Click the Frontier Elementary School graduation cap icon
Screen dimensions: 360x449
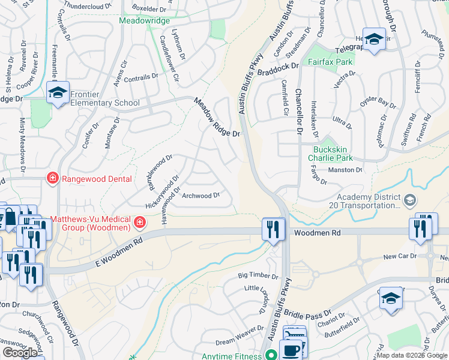(x=58, y=92)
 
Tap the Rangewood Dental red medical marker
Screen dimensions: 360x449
(x=53, y=178)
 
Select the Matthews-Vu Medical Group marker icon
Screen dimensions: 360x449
(x=140, y=223)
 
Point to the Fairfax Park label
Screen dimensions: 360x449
(x=330, y=62)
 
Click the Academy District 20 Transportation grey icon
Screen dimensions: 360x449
(x=409, y=199)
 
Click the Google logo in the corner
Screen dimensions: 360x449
(x=20, y=353)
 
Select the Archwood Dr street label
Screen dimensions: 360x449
(x=201, y=196)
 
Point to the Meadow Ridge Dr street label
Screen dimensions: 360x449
(x=216, y=118)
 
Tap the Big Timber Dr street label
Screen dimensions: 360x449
(x=258, y=277)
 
